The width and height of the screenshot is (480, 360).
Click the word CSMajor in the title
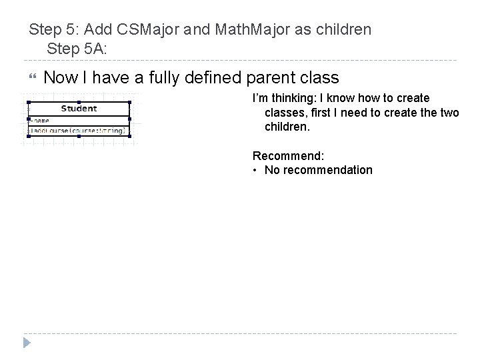146,30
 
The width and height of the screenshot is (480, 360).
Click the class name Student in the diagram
79,108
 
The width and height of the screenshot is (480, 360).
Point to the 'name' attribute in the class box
41,120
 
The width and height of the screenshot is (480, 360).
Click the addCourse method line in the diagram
78,131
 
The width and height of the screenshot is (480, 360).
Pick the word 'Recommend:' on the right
288,155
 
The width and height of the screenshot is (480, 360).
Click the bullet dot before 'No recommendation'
255,170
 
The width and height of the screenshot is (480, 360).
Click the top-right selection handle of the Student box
130,102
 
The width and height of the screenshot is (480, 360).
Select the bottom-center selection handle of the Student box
79,137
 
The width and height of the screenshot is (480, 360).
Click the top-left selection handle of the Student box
28,102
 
